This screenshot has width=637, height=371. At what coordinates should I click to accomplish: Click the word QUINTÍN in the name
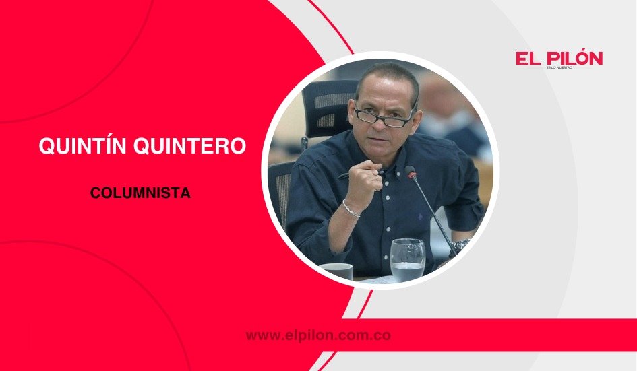coord(82,146)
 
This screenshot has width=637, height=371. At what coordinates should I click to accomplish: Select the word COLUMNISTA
coord(140,193)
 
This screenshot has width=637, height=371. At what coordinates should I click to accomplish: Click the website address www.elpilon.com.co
coord(318,335)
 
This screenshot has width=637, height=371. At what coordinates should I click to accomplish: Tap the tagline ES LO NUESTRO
coord(559,69)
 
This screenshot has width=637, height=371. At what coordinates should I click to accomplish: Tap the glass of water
coord(407,260)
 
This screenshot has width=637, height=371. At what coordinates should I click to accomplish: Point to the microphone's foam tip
coord(411,173)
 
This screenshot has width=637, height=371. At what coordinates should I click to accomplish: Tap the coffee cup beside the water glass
coord(336,271)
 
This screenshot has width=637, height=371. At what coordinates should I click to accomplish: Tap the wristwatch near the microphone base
coord(461,245)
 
